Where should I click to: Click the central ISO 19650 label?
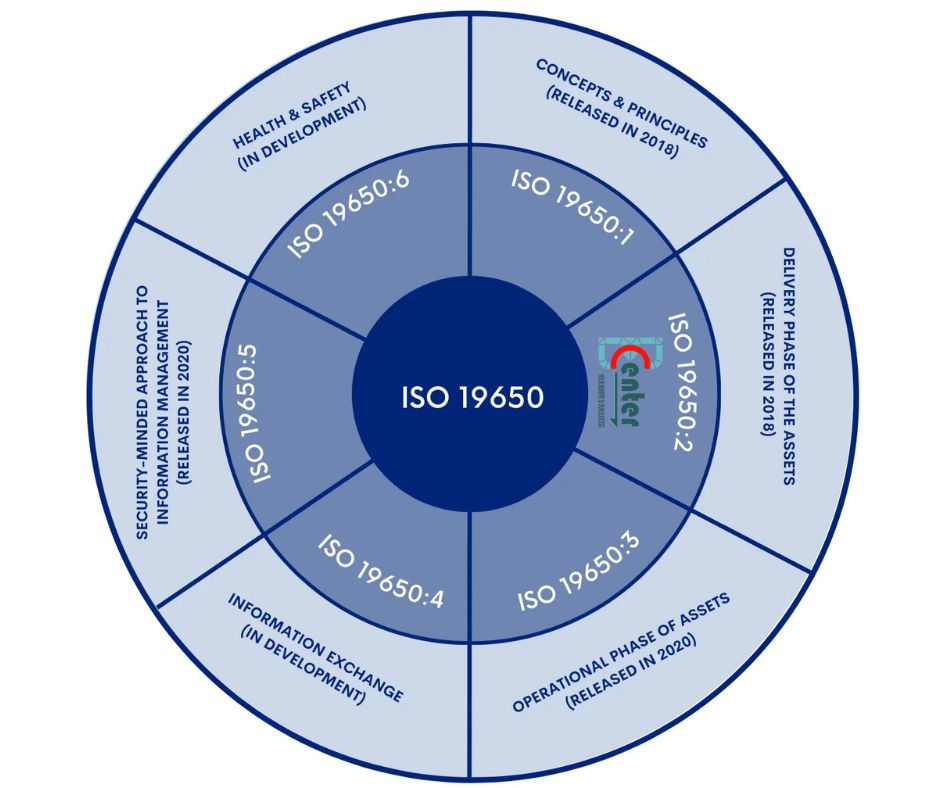click(472, 398)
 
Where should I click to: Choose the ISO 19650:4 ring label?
click(380, 571)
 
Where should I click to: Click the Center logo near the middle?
click(619, 383)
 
